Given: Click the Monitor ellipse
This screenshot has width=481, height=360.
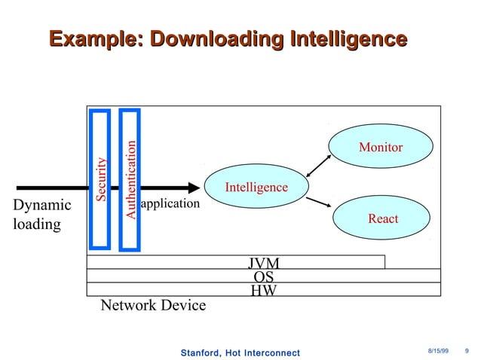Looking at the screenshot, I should coord(380,148).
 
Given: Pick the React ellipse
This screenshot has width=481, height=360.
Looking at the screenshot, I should coord(382,218).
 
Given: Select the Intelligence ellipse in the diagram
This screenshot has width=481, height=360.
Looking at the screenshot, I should coord(256,187).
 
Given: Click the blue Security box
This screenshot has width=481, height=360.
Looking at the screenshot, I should coord(100,178).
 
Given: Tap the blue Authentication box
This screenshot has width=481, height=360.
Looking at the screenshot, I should coord(130,179).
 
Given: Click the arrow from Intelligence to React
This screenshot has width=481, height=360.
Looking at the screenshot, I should coord(320,200).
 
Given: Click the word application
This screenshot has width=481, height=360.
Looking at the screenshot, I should coord(170,203).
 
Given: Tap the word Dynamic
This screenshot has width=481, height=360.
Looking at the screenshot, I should coord(42,205).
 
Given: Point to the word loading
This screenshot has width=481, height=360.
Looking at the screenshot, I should coord(37,224).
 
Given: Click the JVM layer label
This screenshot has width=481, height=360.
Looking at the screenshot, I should coord(264,263).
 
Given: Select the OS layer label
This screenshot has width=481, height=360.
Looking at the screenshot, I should coord(264,276).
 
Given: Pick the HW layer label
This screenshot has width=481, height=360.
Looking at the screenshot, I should coord(264,289).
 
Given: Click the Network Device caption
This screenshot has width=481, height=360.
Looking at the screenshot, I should coord(153,305).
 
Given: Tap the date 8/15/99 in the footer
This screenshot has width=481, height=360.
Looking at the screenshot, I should coord(439,352).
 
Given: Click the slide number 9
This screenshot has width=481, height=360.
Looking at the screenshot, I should coord(467,352).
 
